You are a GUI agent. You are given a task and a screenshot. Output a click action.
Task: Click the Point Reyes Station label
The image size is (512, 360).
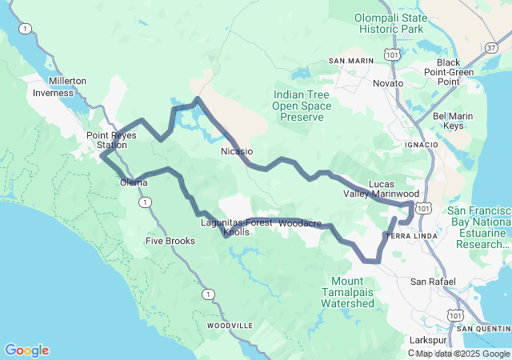click(x=112, y=140)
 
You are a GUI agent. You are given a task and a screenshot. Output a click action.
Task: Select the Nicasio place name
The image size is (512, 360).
click(x=237, y=150)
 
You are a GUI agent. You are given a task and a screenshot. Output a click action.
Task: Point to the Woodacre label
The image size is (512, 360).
click(x=301, y=222)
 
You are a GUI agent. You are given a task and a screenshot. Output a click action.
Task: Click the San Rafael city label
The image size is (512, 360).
click(x=433, y=282)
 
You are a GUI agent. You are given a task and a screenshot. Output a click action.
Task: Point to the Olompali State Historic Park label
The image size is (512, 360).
click(x=390, y=23)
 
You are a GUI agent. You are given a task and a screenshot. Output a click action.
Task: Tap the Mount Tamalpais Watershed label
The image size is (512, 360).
click(x=352, y=292)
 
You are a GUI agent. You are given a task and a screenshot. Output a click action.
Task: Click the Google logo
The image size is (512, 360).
click(x=26, y=350)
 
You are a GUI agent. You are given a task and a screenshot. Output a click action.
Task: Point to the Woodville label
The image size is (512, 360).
click(x=230, y=326)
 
